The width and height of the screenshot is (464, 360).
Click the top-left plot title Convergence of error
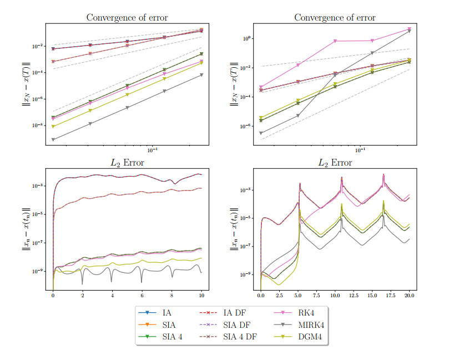127,17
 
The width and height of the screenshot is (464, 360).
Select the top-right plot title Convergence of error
335,17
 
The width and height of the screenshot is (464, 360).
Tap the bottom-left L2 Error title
127,163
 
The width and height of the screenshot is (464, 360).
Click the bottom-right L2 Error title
335,163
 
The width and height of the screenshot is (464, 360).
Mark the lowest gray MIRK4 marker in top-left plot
53,139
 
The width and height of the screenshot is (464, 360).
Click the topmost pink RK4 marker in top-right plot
409,29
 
